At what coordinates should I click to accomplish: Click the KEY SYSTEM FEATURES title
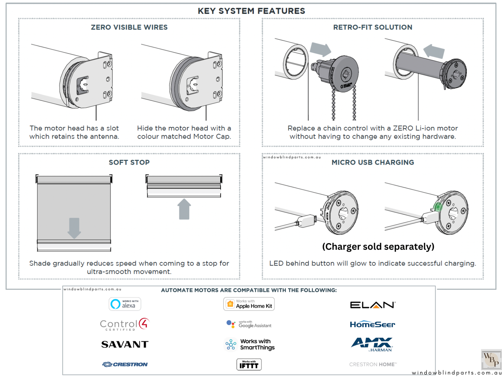pyautogui.click(x=251, y=11)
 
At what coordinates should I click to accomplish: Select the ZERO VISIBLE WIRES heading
pyautogui.click(x=129, y=27)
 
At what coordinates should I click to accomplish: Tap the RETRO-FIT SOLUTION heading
pyautogui.click(x=372, y=27)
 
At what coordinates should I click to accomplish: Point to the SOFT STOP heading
pyautogui.click(x=129, y=162)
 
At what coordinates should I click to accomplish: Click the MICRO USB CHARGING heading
pyautogui.click(x=372, y=162)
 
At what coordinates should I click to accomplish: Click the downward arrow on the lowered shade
pyautogui.click(x=74, y=228)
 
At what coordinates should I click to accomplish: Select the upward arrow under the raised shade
pyautogui.click(x=184, y=209)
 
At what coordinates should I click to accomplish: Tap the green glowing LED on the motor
pyautogui.click(x=438, y=207)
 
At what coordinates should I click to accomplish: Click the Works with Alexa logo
pyautogui.click(x=125, y=304)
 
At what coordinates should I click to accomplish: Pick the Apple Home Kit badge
pyautogui.click(x=249, y=304)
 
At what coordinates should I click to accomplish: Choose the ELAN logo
pyautogui.click(x=372, y=305)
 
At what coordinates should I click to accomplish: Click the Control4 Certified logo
pyautogui.click(x=125, y=324)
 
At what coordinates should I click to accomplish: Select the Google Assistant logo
pyautogui.click(x=249, y=324)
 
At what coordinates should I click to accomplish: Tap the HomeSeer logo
pyautogui.click(x=372, y=324)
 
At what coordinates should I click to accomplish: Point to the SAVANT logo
pyautogui.click(x=125, y=344)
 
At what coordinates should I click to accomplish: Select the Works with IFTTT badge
pyautogui.click(x=249, y=364)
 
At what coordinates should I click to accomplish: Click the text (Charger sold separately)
pyautogui.click(x=378, y=247)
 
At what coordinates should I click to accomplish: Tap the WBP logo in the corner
pyautogui.click(x=491, y=359)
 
